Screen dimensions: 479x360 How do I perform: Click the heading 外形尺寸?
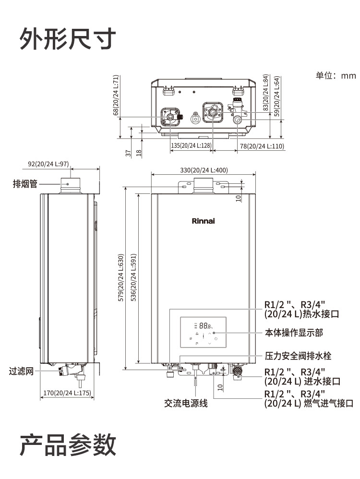point(68,39)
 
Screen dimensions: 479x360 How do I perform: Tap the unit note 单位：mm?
point(336,75)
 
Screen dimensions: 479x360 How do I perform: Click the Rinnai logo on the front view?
point(203,221)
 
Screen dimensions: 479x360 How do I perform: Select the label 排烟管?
point(25,183)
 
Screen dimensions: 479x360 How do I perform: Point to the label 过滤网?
point(22,371)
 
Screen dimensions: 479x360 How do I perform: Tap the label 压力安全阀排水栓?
point(298,356)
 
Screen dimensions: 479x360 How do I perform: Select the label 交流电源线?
point(186,404)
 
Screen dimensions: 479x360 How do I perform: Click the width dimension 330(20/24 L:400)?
point(204,170)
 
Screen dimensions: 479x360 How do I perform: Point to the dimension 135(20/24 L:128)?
point(191,145)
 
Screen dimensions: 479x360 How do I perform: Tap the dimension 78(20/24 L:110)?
point(262,145)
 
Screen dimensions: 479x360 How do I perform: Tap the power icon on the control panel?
point(216,339)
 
